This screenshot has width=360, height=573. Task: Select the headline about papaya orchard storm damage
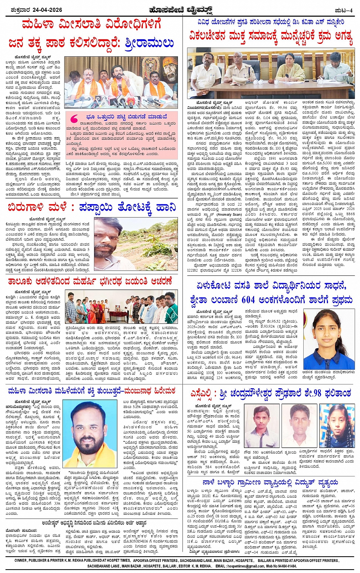pyautogui.click(x=91, y=208)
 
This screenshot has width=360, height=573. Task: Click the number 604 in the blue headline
pyautogui.click(x=248, y=300)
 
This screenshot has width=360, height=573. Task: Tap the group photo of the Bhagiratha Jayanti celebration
pyautogui.click(x=121, y=307)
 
